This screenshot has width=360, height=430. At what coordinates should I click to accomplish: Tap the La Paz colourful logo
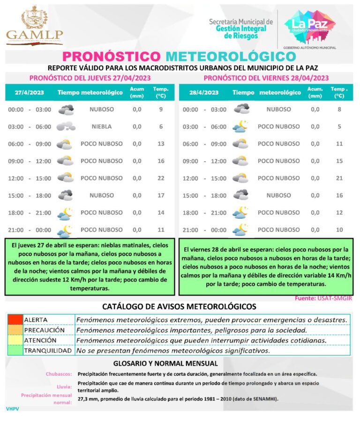[309, 25]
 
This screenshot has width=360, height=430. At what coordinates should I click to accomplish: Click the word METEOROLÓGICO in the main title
[231, 57]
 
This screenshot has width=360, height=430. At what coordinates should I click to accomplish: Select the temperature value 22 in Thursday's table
[161, 178]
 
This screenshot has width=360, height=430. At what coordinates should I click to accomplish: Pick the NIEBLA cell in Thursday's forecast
[102, 126]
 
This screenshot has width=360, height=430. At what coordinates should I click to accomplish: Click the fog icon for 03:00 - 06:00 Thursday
[66, 126]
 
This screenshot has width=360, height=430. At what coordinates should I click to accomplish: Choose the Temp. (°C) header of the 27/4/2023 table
[161, 92]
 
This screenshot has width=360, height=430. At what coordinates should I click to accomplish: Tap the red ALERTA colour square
[15, 319]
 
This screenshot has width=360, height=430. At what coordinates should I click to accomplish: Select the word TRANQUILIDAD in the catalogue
[48, 350]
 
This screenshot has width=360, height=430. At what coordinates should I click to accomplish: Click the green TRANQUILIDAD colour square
[15, 350]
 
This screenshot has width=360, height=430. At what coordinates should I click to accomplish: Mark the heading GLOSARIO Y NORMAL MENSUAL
[165, 363]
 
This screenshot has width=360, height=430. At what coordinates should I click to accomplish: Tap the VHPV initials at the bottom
[12, 409]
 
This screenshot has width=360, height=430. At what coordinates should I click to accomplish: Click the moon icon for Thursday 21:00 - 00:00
[64, 230]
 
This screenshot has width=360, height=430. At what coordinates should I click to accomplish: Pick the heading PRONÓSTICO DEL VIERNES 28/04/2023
[266, 78]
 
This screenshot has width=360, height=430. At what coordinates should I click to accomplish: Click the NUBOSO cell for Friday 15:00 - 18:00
[278, 195]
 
